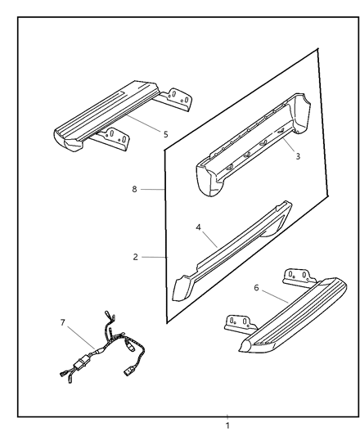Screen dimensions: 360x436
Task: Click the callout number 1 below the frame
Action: click(227, 425)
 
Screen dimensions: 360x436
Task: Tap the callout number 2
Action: click(136, 257)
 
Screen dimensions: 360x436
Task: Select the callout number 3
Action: click(298, 156)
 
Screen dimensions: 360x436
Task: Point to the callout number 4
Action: click(198, 227)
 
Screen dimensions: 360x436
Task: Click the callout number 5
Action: click(166, 135)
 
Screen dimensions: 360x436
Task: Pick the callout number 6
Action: click(257, 288)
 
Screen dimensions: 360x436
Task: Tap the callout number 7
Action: click(63, 322)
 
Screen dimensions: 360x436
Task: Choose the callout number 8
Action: click(134, 189)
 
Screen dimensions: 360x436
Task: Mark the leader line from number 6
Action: click(275, 296)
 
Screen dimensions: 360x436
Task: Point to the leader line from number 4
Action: click(209, 240)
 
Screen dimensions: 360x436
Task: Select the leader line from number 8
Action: click(153, 189)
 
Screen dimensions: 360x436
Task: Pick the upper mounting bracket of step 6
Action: click(299, 278)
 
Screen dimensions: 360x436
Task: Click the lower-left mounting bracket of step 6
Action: click(240, 324)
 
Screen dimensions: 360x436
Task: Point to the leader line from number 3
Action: click(289, 145)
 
